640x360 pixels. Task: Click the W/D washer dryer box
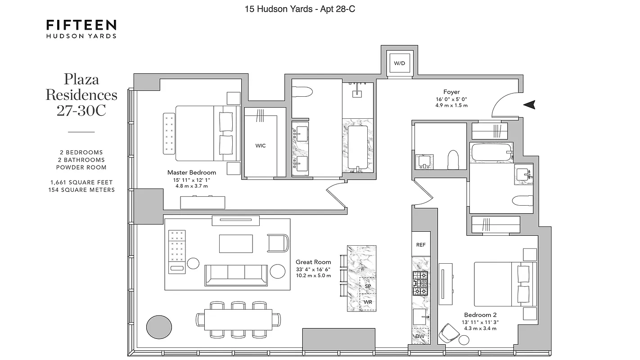[399, 63]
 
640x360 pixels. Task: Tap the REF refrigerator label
[421, 245]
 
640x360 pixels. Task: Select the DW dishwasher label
[420, 336]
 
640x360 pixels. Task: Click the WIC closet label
[261, 145]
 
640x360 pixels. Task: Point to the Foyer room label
[451, 92]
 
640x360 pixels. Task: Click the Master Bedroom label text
[192, 172]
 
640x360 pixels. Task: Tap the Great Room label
[313, 262]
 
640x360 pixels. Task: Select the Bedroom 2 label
[480, 315]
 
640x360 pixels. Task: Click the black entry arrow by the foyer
[530, 105]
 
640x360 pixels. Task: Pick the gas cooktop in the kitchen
[420, 283]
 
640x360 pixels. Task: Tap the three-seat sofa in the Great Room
[236, 275]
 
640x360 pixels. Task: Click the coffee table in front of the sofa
[236, 243]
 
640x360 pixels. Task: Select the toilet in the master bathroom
[302, 93]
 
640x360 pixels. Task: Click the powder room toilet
[452, 159]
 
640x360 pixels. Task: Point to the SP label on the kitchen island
[368, 286]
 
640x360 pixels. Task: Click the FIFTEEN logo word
[81, 25]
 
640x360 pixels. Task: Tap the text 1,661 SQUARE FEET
[81, 182]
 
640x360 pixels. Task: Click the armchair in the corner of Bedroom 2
[450, 333]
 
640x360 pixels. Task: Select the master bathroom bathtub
[357, 147]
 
